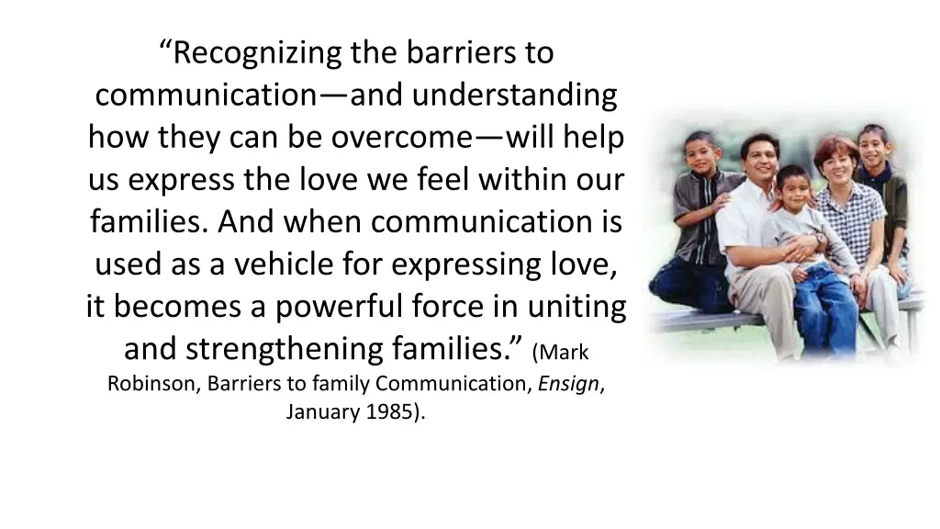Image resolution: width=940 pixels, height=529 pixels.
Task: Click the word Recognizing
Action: (258, 53)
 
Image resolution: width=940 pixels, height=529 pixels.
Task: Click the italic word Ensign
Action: (569, 384)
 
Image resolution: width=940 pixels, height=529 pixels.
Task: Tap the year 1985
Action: (394, 411)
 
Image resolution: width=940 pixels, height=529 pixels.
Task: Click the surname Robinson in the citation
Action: (153, 384)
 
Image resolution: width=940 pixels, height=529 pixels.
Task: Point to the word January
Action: (321, 411)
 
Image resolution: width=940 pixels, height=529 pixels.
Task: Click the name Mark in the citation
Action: (560, 353)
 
